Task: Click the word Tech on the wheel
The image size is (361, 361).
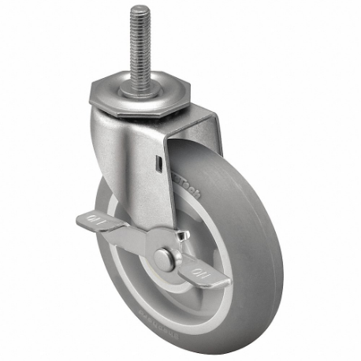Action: pos(191,187)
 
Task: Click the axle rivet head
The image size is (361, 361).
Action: pos(163,259)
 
